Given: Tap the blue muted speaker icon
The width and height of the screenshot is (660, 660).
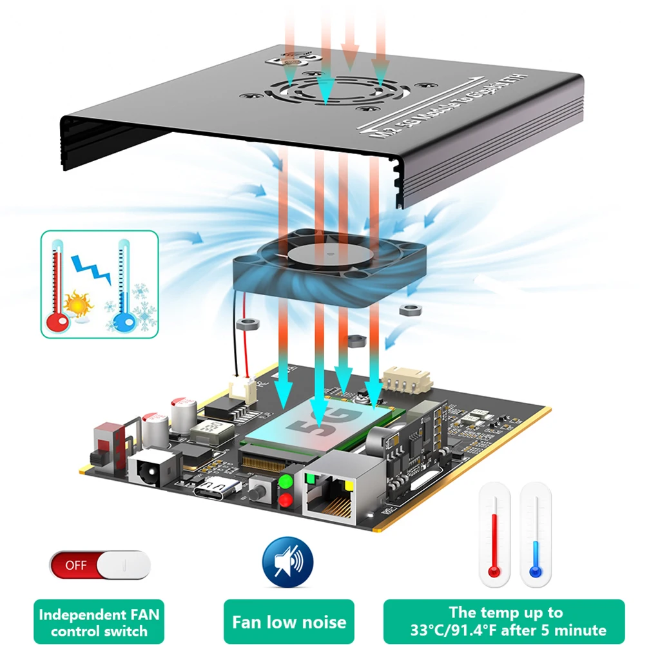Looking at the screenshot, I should click(287, 561).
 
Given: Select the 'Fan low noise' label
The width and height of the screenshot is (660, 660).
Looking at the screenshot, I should click(289, 622).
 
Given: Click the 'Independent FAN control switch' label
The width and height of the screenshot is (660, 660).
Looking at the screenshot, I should click(99, 623).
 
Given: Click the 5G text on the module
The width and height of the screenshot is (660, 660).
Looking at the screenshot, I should click(315, 422).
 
